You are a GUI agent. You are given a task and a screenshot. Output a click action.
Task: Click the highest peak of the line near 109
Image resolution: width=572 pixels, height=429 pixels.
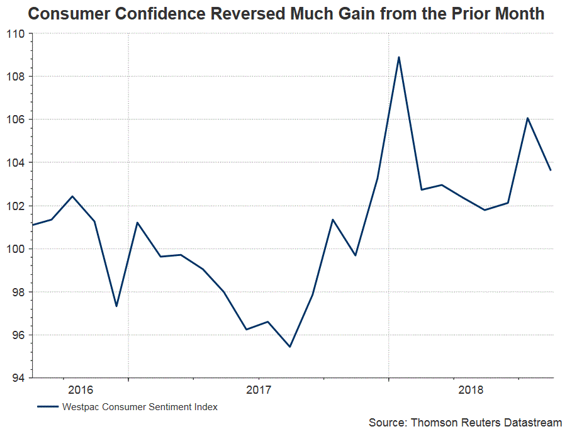click(399, 57)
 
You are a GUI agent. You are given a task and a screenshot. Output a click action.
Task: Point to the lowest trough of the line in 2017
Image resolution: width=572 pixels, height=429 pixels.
click(289, 347)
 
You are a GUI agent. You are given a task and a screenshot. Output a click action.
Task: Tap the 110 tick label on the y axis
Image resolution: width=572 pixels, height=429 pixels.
click(15, 34)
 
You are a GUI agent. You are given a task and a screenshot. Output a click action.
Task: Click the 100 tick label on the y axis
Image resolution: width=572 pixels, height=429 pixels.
click(15, 249)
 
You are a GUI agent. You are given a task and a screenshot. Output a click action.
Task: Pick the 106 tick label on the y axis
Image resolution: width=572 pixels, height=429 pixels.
click(15, 120)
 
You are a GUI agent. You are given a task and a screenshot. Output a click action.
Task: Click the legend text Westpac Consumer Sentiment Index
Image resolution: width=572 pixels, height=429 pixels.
click(140, 407)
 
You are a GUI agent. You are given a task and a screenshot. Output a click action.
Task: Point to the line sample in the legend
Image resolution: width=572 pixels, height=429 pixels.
click(48, 407)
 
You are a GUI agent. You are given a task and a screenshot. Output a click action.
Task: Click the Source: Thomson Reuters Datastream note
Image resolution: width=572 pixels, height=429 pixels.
click(465, 422)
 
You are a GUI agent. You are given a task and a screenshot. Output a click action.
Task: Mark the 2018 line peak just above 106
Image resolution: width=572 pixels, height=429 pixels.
click(527, 118)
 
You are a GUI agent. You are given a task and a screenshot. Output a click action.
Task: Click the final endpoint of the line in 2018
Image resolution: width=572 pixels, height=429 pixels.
click(551, 170)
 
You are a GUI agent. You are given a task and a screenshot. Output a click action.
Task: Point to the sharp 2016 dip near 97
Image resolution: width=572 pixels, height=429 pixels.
click(116, 306)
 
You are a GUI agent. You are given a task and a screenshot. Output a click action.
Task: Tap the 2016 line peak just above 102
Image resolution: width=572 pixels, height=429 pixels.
click(72, 196)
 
